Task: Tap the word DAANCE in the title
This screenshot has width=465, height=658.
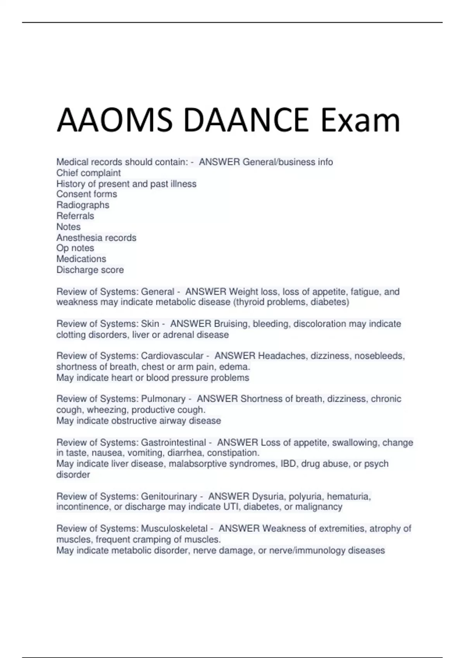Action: pyautogui.click(x=246, y=120)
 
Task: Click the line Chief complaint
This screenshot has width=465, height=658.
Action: pyautogui.click(x=88, y=173)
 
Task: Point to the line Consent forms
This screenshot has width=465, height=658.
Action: pyautogui.click(x=86, y=194)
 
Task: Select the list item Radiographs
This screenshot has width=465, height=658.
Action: pyautogui.click(x=83, y=205)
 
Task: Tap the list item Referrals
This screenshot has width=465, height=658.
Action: pyautogui.click(x=75, y=216)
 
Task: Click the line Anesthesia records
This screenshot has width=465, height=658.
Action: pyautogui.click(x=96, y=237)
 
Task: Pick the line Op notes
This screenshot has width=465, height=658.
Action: pyautogui.click(x=75, y=248)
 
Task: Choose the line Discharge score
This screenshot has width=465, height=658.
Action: pyautogui.click(x=90, y=270)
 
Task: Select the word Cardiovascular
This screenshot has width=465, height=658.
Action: pyautogui.click(x=172, y=356)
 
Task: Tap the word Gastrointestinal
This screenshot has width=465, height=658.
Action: pyautogui.click(x=173, y=442)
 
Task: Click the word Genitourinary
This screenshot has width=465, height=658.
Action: pyautogui.click(x=169, y=496)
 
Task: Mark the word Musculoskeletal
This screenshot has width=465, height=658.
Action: pyautogui.click(x=174, y=528)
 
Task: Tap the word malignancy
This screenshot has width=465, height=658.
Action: pyautogui.click(x=319, y=507)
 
